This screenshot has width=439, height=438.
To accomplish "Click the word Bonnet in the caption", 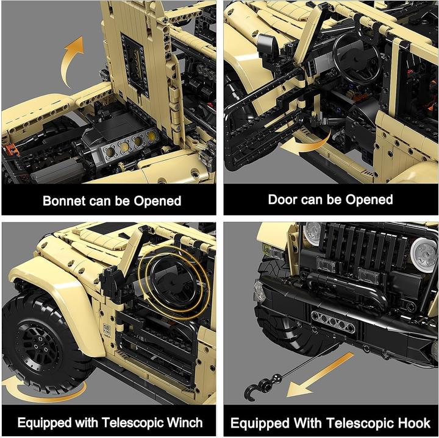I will point(66,201).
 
